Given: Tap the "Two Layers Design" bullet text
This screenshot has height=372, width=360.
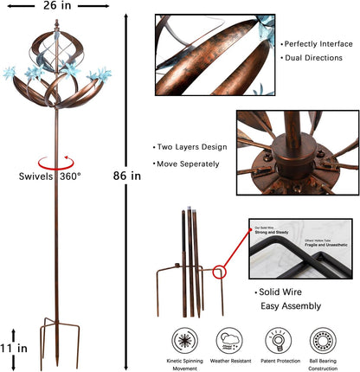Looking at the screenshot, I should click(x=190, y=147).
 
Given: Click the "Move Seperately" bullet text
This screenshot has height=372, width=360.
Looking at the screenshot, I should click(x=188, y=163).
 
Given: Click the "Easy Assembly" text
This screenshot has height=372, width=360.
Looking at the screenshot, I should click(x=291, y=306).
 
